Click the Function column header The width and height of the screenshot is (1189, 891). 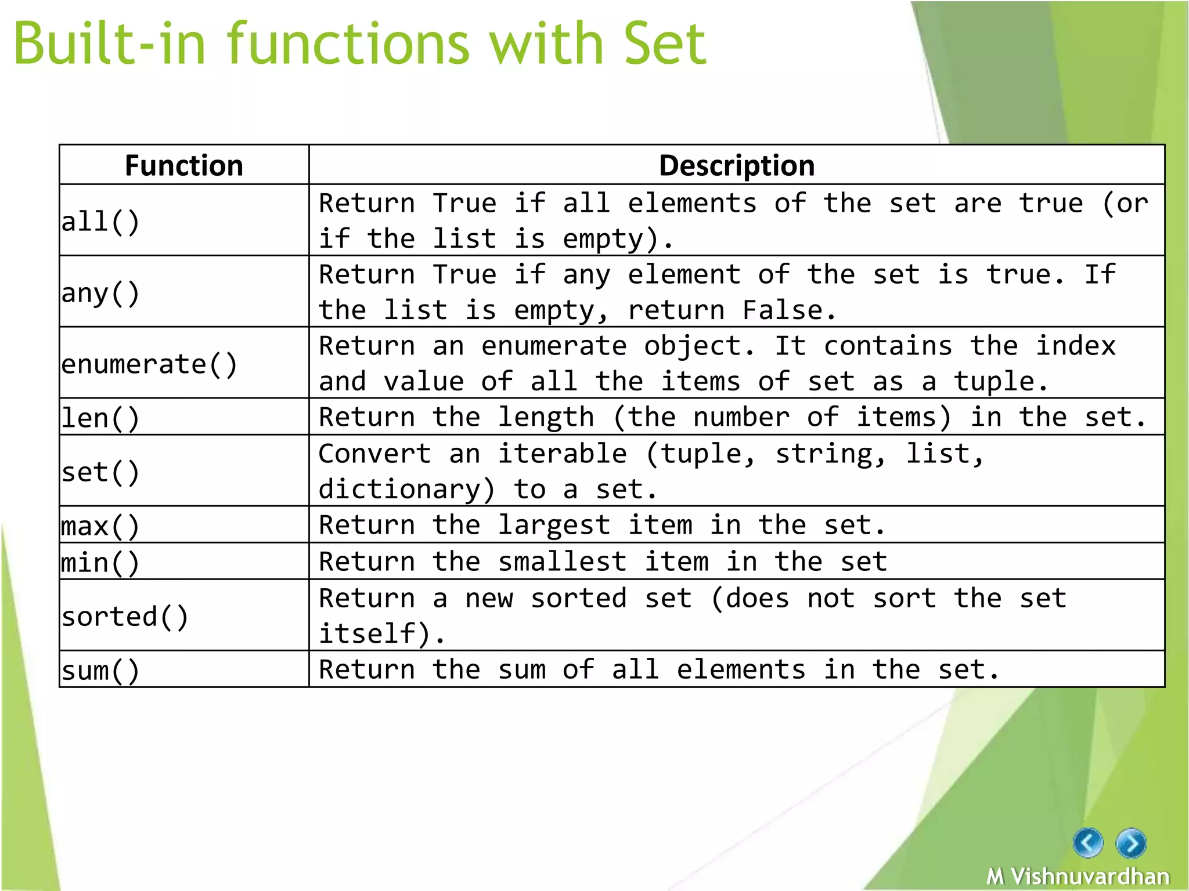(x=184, y=166)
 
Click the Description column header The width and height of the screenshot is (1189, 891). (x=736, y=166)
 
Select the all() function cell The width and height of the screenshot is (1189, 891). (x=101, y=222)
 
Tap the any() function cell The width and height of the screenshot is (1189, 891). (x=101, y=293)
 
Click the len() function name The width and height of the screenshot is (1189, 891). (x=101, y=418)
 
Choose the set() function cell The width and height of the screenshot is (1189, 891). (x=101, y=472)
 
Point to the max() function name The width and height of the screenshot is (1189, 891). (x=101, y=526)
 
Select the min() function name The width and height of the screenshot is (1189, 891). (x=101, y=563)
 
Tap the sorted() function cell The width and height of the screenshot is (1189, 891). (x=125, y=617)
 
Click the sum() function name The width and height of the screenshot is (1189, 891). (x=101, y=671)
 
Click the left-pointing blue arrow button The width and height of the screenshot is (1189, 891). (x=1087, y=842)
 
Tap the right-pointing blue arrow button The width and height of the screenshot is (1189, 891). (x=1131, y=843)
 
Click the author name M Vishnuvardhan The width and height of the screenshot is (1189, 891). (x=1078, y=876)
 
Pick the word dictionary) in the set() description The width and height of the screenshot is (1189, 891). (x=406, y=490)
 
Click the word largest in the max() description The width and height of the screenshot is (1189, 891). (x=554, y=526)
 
